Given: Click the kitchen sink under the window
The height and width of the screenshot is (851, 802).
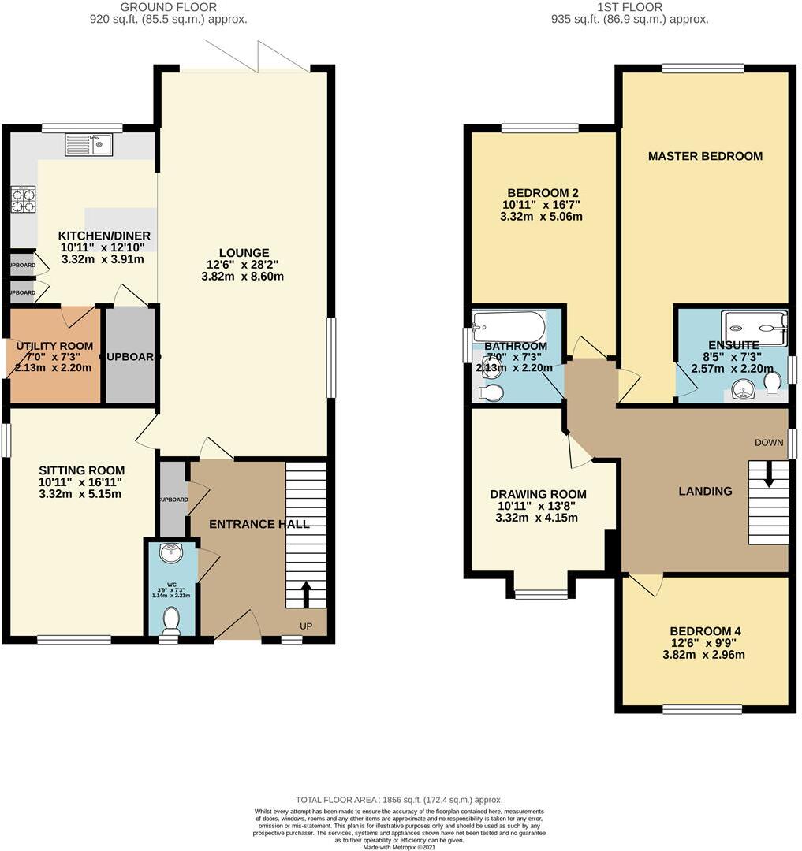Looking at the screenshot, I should tap(89, 144).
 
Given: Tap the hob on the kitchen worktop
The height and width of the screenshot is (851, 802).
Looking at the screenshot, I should tap(23, 199).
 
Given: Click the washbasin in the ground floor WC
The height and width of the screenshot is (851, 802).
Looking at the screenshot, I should tap(170, 554).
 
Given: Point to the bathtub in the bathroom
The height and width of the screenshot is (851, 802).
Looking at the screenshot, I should tap(509, 325).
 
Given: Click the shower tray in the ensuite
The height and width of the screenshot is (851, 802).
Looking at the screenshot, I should tap(755, 327).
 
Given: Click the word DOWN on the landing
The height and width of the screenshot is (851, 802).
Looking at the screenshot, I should tap(769, 442).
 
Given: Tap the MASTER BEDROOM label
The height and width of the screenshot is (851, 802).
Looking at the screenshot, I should tap(705, 156).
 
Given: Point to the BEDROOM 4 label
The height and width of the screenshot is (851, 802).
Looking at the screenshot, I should tap(705, 631).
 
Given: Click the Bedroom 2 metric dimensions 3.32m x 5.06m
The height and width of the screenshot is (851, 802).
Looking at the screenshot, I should tap(541, 217).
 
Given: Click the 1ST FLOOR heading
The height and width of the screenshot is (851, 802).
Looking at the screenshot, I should tap(629, 7).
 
